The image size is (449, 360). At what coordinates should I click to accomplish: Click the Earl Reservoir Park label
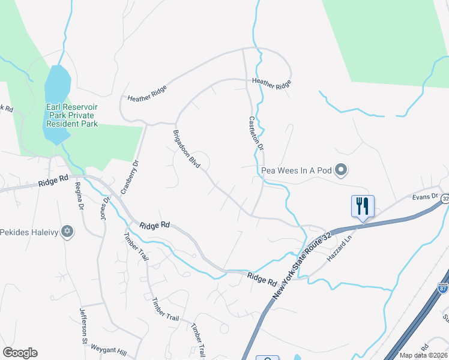(x=72, y=115)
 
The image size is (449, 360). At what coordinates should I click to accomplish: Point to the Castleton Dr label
(x=256, y=133)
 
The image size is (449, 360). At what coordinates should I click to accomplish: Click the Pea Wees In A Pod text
(x=297, y=170)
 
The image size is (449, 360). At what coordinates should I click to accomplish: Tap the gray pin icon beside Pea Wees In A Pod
(x=341, y=170)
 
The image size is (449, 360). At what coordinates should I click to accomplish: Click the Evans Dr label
(x=422, y=196)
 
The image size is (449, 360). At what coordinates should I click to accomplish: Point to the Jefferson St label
(x=83, y=327)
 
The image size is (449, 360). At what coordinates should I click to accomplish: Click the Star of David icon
(x=67, y=231)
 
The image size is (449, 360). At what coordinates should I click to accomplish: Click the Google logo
(x=20, y=353)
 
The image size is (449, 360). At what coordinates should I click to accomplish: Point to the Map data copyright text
(x=424, y=355)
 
